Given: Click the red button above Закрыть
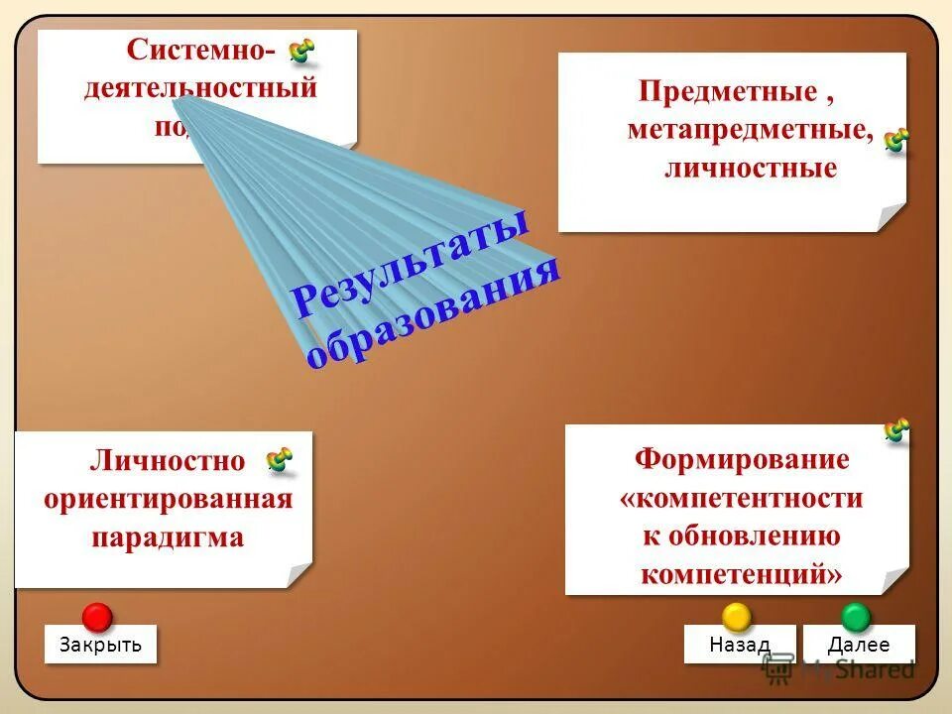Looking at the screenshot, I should coord(96,616).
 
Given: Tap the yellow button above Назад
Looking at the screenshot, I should coord(736,616).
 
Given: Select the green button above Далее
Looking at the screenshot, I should coord(856,616).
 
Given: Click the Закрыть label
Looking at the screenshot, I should coord(100,645).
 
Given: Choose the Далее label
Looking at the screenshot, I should coord(859,645).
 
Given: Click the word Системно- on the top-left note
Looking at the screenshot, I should coord(203,50).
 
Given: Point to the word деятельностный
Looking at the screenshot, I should coord(200,87).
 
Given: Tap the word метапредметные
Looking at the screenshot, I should coord(750,131).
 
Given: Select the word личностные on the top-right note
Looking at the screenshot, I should coord(750,168).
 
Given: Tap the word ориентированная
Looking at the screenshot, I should coord(168,499).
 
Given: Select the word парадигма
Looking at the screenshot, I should coord(168,537).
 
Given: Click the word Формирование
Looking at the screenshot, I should coord(742,460).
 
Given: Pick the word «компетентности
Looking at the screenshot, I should coord(742,498).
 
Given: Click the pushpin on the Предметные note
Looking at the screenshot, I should coord(896,140).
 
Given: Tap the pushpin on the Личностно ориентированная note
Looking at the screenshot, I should coord(280,459).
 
